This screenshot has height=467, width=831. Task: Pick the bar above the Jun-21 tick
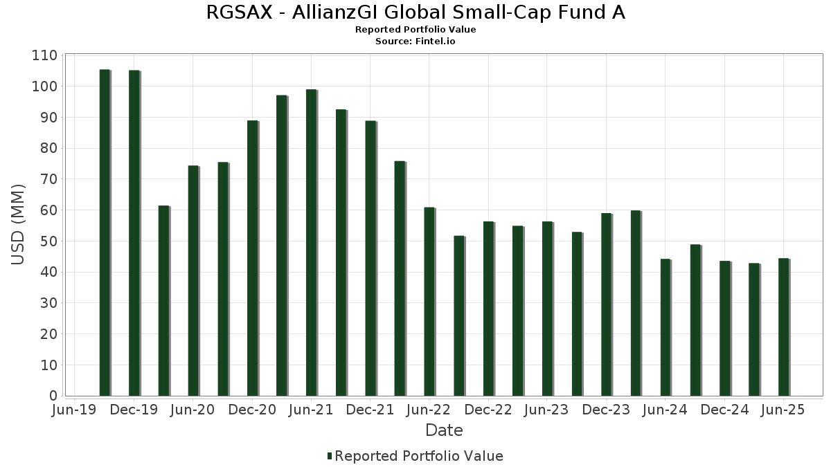coord(311,243)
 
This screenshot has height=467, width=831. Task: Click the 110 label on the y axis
coord(44,55)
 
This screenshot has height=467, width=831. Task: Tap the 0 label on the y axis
coord(53,396)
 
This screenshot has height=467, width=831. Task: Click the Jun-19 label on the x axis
coord(75,410)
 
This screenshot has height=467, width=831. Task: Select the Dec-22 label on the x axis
coord(488,410)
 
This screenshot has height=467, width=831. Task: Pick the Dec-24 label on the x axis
coord(724,410)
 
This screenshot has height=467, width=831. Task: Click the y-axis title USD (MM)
coord(19,225)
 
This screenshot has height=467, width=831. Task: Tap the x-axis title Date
coord(444,430)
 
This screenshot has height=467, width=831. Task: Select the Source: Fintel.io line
coord(415,41)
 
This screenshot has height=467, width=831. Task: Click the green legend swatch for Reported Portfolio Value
coord(330,456)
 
